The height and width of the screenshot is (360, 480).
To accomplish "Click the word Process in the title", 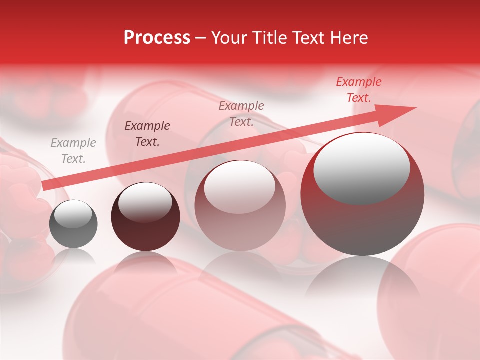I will click(157, 38).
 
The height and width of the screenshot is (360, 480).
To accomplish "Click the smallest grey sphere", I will click(74, 224).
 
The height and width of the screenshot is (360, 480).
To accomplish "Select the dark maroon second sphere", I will click(145, 217).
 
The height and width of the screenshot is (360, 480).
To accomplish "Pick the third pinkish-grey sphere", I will click(240, 206).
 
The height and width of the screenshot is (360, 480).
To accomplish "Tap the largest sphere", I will click(362, 194).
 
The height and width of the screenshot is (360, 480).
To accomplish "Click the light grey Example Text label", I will click(73, 151).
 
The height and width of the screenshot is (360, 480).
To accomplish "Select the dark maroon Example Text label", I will click(147, 134).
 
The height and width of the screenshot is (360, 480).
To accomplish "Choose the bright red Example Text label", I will click(358, 90).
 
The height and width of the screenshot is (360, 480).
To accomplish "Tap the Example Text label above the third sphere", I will click(241, 114).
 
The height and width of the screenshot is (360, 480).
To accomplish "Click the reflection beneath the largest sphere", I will click(362, 280).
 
